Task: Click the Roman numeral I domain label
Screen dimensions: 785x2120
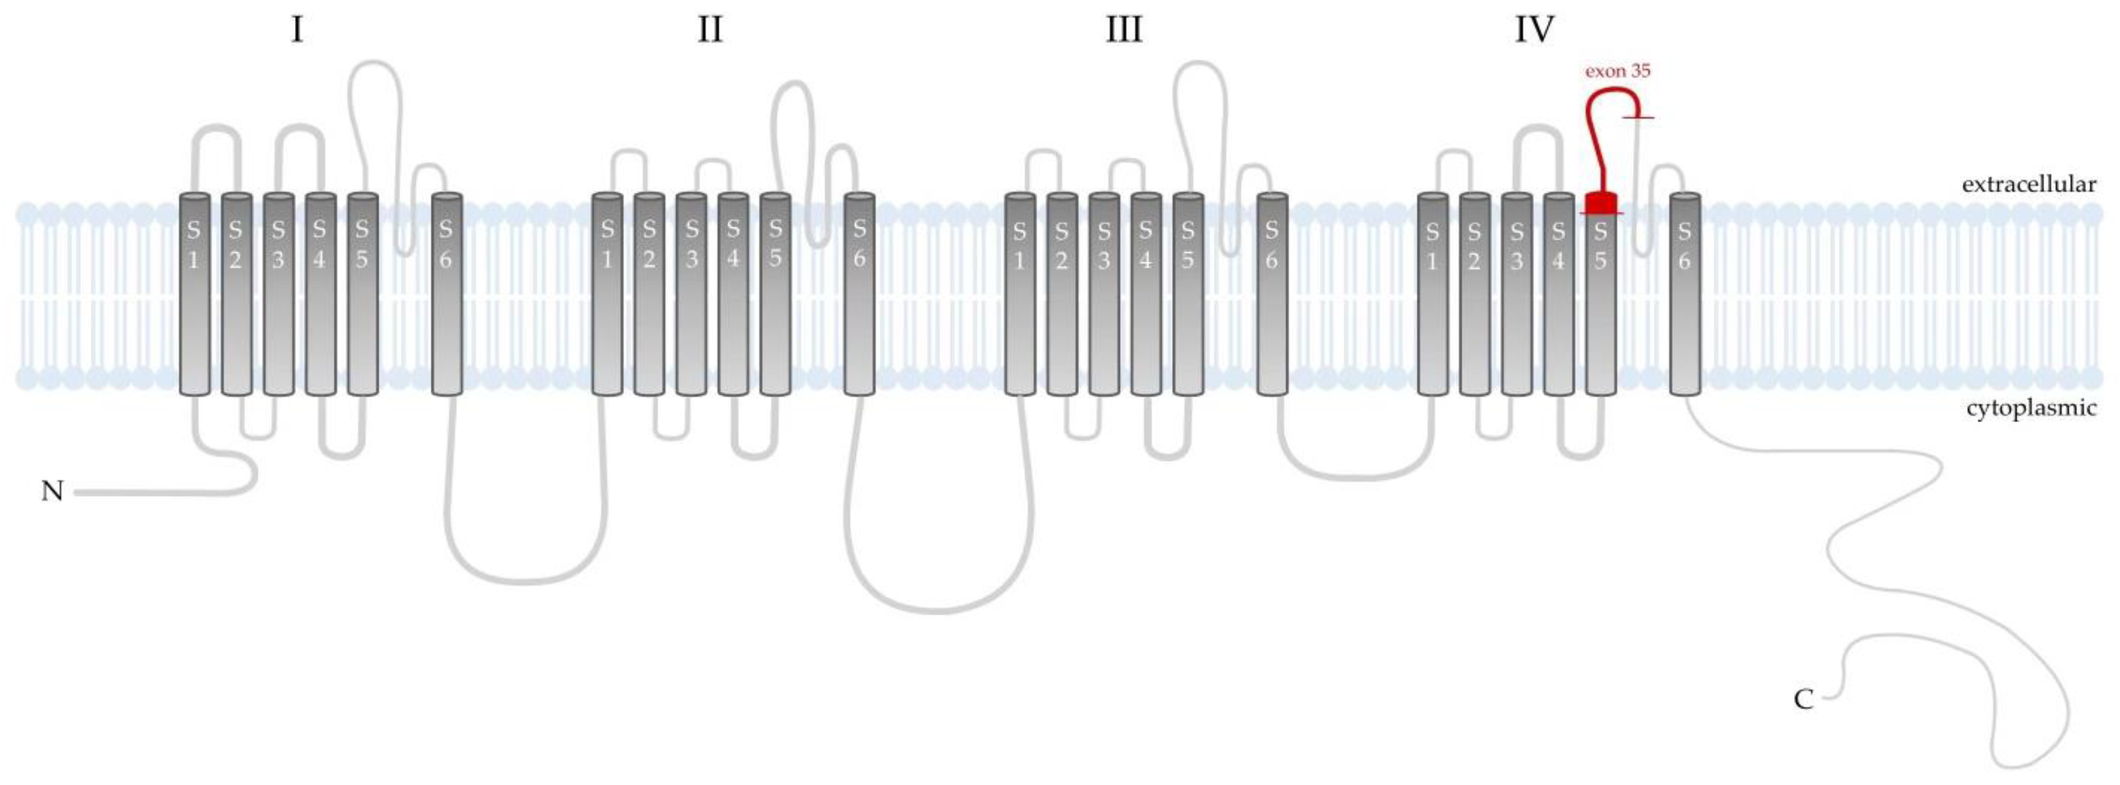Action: click(297, 30)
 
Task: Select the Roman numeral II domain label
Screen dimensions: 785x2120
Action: click(709, 30)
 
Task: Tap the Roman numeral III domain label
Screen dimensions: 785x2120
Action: click(1123, 30)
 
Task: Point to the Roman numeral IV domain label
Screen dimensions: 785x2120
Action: click(1535, 30)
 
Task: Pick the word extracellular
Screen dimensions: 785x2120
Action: click(2029, 184)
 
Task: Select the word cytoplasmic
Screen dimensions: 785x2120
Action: click(2031, 408)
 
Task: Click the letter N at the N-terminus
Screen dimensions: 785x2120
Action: click(52, 491)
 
